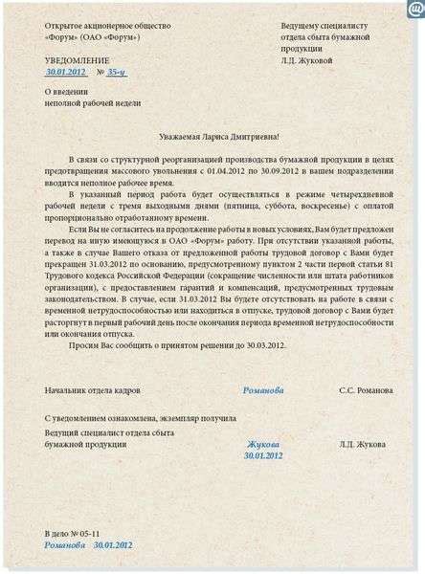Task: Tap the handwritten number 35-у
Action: pyautogui.click(x=114, y=72)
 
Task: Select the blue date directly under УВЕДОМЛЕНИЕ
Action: pyautogui.click(x=66, y=72)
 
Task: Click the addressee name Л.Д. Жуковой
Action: pyautogui.click(x=307, y=59)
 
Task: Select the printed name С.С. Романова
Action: pyautogui.click(x=362, y=391)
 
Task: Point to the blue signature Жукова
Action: pyautogui.click(x=263, y=445)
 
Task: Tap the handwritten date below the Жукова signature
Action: pyautogui.click(x=263, y=456)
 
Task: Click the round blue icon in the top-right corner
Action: pyautogui.click(x=414, y=11)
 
